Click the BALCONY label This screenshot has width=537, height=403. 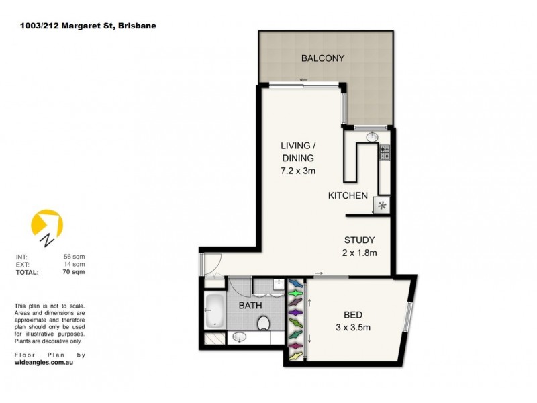(322, 58)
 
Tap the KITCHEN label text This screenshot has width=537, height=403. (347, 196)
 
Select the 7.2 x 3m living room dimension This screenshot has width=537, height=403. (298, 171)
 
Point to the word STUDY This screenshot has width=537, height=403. (359, 240)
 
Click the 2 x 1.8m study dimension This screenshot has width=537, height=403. (359, 253)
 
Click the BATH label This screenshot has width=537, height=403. (251, 306)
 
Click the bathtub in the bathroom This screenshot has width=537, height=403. (215, 310)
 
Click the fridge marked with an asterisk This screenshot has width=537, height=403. (383, 206)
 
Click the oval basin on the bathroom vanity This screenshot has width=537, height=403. (239, 337)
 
